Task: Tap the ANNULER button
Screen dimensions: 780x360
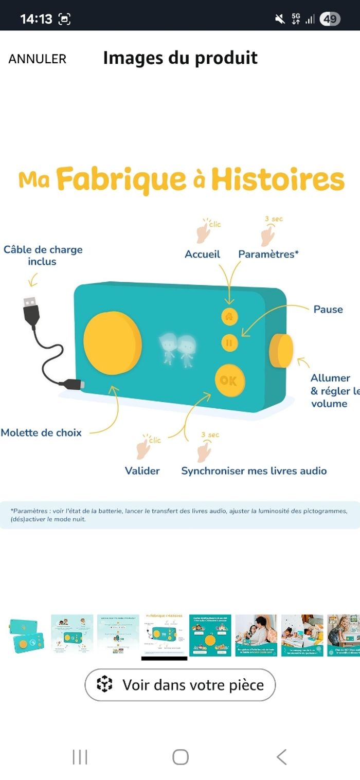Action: (x=38, y=59)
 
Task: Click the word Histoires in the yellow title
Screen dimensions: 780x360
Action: (x=278, y=180)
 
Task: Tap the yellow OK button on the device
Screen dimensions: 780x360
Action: (x=229, y=380)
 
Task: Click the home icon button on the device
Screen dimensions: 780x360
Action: (x=229, y=317)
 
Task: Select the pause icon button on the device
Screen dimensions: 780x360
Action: (x=229, y=342)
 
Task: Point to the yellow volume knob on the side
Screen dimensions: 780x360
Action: (x=281, y=350)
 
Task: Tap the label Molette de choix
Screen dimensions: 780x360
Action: (x=41, y=432)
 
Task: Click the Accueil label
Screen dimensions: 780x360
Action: (x=202, y=254)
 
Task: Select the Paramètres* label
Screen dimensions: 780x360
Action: (x=268, y=254)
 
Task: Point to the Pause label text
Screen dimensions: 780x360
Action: (x=328, y=309)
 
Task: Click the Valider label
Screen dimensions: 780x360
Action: (x=142, y=470)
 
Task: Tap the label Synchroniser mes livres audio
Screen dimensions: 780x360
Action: (x=254, y=470)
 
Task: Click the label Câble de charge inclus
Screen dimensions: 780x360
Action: (x=43, y=256)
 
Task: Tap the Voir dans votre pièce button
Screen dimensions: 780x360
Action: (x=180, y=685)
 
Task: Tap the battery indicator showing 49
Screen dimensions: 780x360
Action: (x=330, y=20)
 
